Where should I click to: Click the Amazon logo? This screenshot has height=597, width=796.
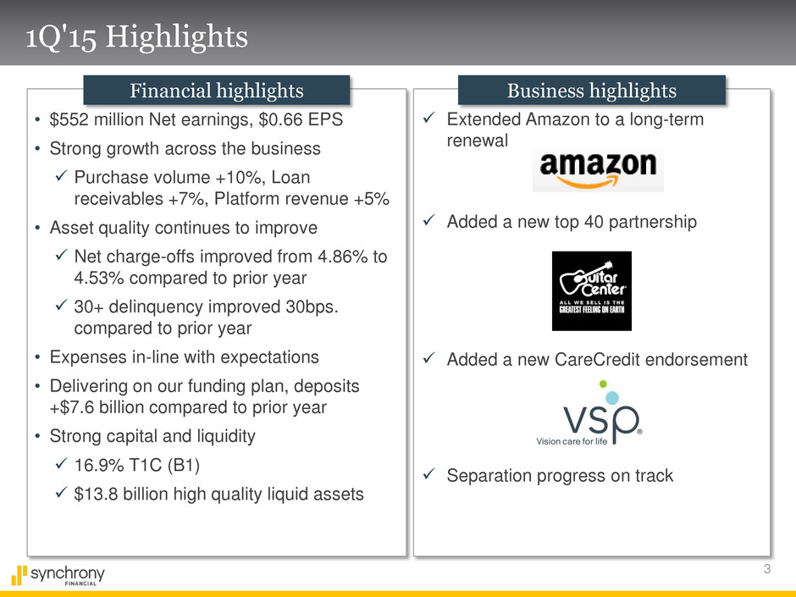point(598,170)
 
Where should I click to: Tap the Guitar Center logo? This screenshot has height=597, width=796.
point(592,291)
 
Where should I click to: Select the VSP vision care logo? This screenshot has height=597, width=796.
point(589,413)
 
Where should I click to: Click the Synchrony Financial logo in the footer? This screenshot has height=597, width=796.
point(58,576)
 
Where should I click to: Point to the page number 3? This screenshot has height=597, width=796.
point(767,568)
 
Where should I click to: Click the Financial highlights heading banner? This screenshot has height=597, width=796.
point(217,91)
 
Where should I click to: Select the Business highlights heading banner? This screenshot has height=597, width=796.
point(592,91)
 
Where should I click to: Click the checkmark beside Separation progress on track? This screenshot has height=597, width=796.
point(429,474)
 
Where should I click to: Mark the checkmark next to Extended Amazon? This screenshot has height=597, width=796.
point(429,118)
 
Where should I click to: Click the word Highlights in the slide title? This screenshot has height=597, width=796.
point(177,37)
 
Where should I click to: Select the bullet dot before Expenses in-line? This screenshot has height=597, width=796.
point(37,357)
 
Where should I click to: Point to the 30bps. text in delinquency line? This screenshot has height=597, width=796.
point(312,307)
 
